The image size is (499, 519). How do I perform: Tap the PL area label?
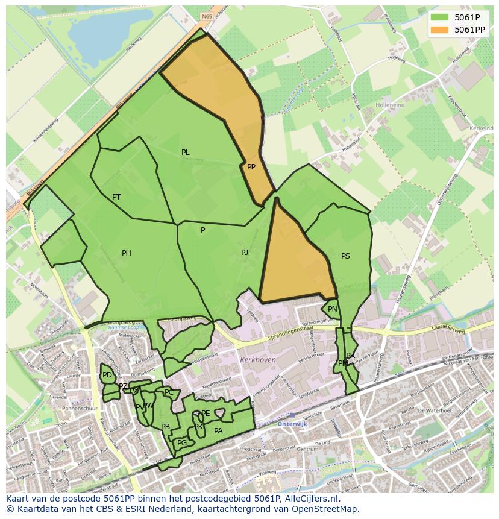coord(186,153)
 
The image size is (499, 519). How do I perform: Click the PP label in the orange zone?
coord(251,167)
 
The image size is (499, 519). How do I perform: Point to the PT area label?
coord(116,197)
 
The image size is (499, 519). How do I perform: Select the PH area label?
coord(127,253)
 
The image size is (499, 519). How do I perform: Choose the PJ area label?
coord(245,253)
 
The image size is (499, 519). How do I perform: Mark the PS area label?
coord(345,256)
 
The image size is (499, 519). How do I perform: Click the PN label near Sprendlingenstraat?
coord(333,309)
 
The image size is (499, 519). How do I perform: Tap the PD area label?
coord(107,375)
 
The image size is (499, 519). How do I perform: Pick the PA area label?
coord(218,431)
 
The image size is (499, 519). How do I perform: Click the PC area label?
coord(169,392)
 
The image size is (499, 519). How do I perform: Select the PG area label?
coord(182,443)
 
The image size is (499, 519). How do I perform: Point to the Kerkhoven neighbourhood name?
coord(257,359)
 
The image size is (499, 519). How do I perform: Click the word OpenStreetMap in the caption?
coord(328,509)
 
